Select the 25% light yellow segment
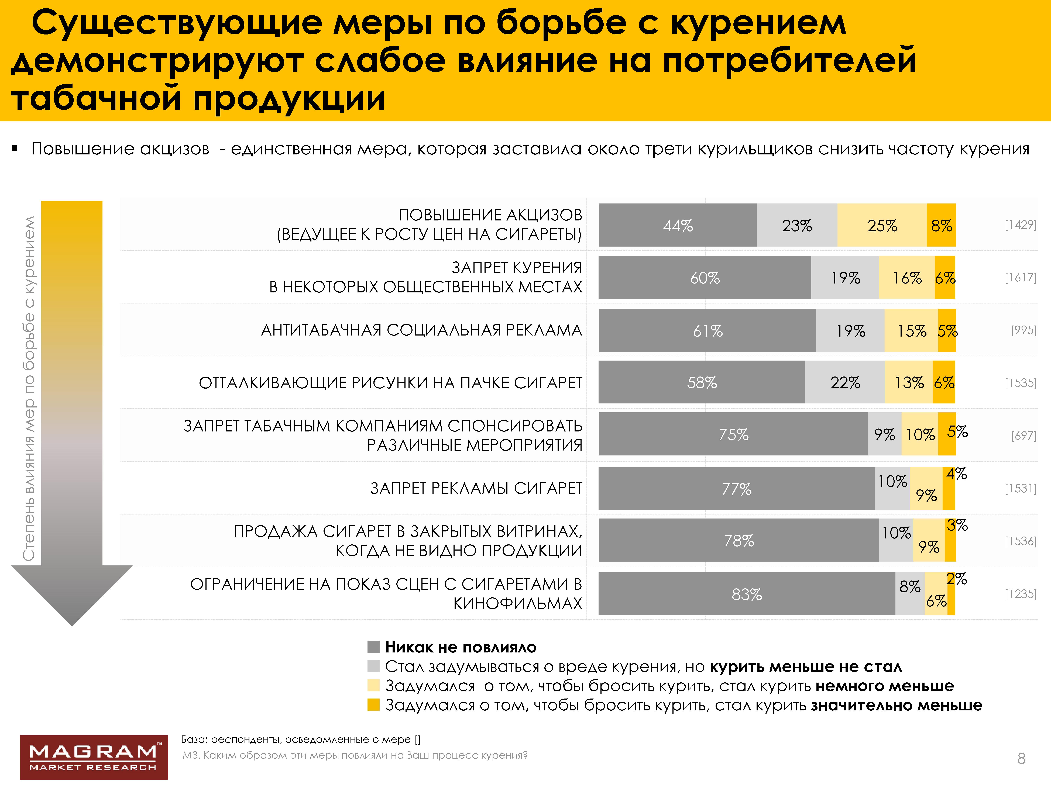882,225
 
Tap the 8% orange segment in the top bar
941,225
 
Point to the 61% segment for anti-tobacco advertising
707,331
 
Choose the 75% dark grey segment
733,434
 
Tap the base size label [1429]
1020,225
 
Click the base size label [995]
1023,330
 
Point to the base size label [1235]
1020,594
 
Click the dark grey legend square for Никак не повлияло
373,647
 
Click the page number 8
1022,759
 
